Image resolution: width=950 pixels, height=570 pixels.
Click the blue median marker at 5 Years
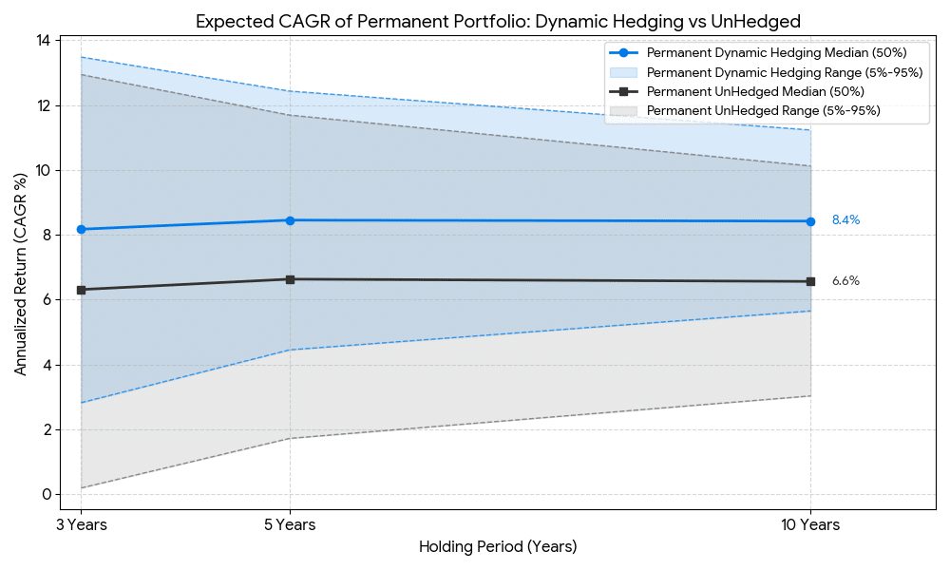[290, 220]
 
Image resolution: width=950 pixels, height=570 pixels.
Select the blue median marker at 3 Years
[82, 229]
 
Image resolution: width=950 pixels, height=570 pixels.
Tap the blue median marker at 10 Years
[810, 221]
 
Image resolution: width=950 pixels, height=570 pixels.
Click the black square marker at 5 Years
[290, 279]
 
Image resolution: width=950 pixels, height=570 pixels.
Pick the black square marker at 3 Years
[82, 290]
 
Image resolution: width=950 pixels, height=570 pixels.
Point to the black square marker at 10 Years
[810, 281]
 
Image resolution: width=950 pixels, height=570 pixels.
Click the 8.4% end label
[845, 220]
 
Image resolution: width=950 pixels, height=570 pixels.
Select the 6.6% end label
[845, 281]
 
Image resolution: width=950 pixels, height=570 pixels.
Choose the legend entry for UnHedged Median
[754, 91]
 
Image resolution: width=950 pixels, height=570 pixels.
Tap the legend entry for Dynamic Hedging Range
[785, 72]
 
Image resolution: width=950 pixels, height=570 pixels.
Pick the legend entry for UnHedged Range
[763, 111]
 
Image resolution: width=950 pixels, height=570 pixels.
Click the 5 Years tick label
[290, 524]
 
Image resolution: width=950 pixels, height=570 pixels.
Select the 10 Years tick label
[810, 524]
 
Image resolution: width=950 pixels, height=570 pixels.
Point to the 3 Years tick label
[82, 524]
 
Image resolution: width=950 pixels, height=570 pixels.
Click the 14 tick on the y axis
[44, 41]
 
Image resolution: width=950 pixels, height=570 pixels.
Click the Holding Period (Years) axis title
[498, 547]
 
